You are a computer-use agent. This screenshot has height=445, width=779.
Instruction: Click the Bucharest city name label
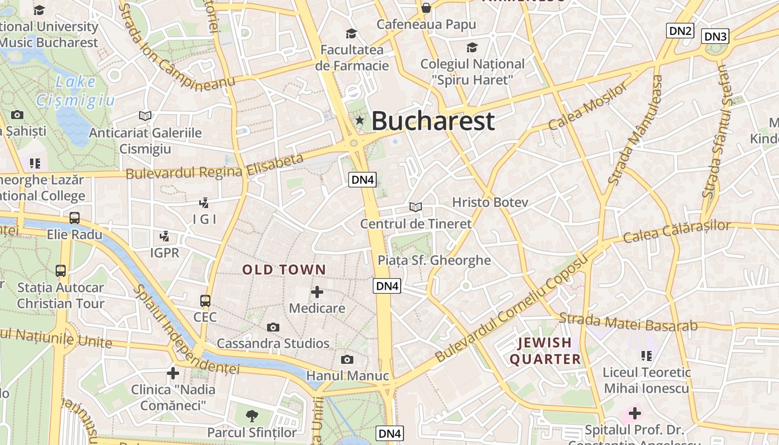point(432,121)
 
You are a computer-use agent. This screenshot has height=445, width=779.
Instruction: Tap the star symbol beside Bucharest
point(359,120)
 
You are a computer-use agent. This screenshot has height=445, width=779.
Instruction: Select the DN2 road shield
point(681,31)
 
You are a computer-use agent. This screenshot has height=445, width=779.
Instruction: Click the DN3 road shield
point(715,37)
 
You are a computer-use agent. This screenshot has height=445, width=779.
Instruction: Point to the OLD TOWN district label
point(284,270)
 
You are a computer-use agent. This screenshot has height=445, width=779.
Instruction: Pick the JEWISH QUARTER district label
point(545,351)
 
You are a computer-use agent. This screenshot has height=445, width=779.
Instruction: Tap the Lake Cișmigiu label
point(76,91)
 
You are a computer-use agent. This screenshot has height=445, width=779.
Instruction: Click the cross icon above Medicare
point(317,291)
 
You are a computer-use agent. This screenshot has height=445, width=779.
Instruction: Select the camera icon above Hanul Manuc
point(347,359)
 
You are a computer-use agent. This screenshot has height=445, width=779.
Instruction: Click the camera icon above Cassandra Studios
point(273,327)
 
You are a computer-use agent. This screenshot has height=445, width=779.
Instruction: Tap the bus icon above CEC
point(205,301)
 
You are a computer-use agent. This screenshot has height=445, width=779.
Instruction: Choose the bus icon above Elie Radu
point(75,218)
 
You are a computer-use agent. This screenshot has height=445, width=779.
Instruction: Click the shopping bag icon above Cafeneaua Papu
point(426,8)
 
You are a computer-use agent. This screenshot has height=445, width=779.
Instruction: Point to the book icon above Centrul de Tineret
point(415,207)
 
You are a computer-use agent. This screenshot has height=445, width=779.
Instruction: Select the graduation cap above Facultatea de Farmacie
point(351,33)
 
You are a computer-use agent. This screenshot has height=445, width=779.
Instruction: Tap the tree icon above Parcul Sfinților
point(252,415)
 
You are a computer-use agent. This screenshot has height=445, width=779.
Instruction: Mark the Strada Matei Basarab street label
point(628,322)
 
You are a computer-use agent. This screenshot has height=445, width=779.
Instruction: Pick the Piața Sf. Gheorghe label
point(434,260)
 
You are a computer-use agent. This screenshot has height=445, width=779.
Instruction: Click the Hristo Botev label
point(490,202)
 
